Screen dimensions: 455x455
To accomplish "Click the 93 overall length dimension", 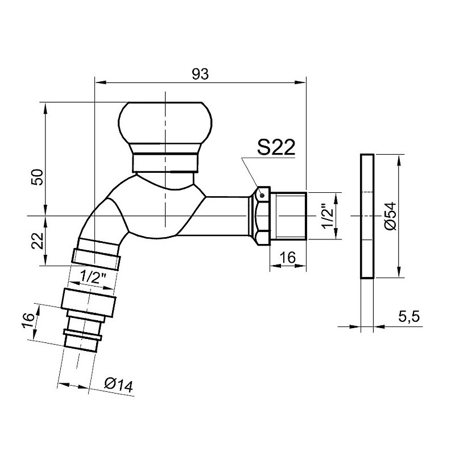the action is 200,75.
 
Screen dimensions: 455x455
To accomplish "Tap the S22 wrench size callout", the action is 276,147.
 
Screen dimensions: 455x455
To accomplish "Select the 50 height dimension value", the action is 38,177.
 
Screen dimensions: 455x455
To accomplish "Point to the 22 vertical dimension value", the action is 38,241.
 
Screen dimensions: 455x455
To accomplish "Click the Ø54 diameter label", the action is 390,216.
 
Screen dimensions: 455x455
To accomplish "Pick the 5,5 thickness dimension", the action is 409,316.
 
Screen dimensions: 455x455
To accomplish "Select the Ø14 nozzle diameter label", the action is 119,385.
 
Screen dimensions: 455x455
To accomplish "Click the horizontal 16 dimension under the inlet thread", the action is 288,258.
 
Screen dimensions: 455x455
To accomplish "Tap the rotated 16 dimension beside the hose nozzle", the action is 28,321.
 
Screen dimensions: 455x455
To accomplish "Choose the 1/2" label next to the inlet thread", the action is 329,216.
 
